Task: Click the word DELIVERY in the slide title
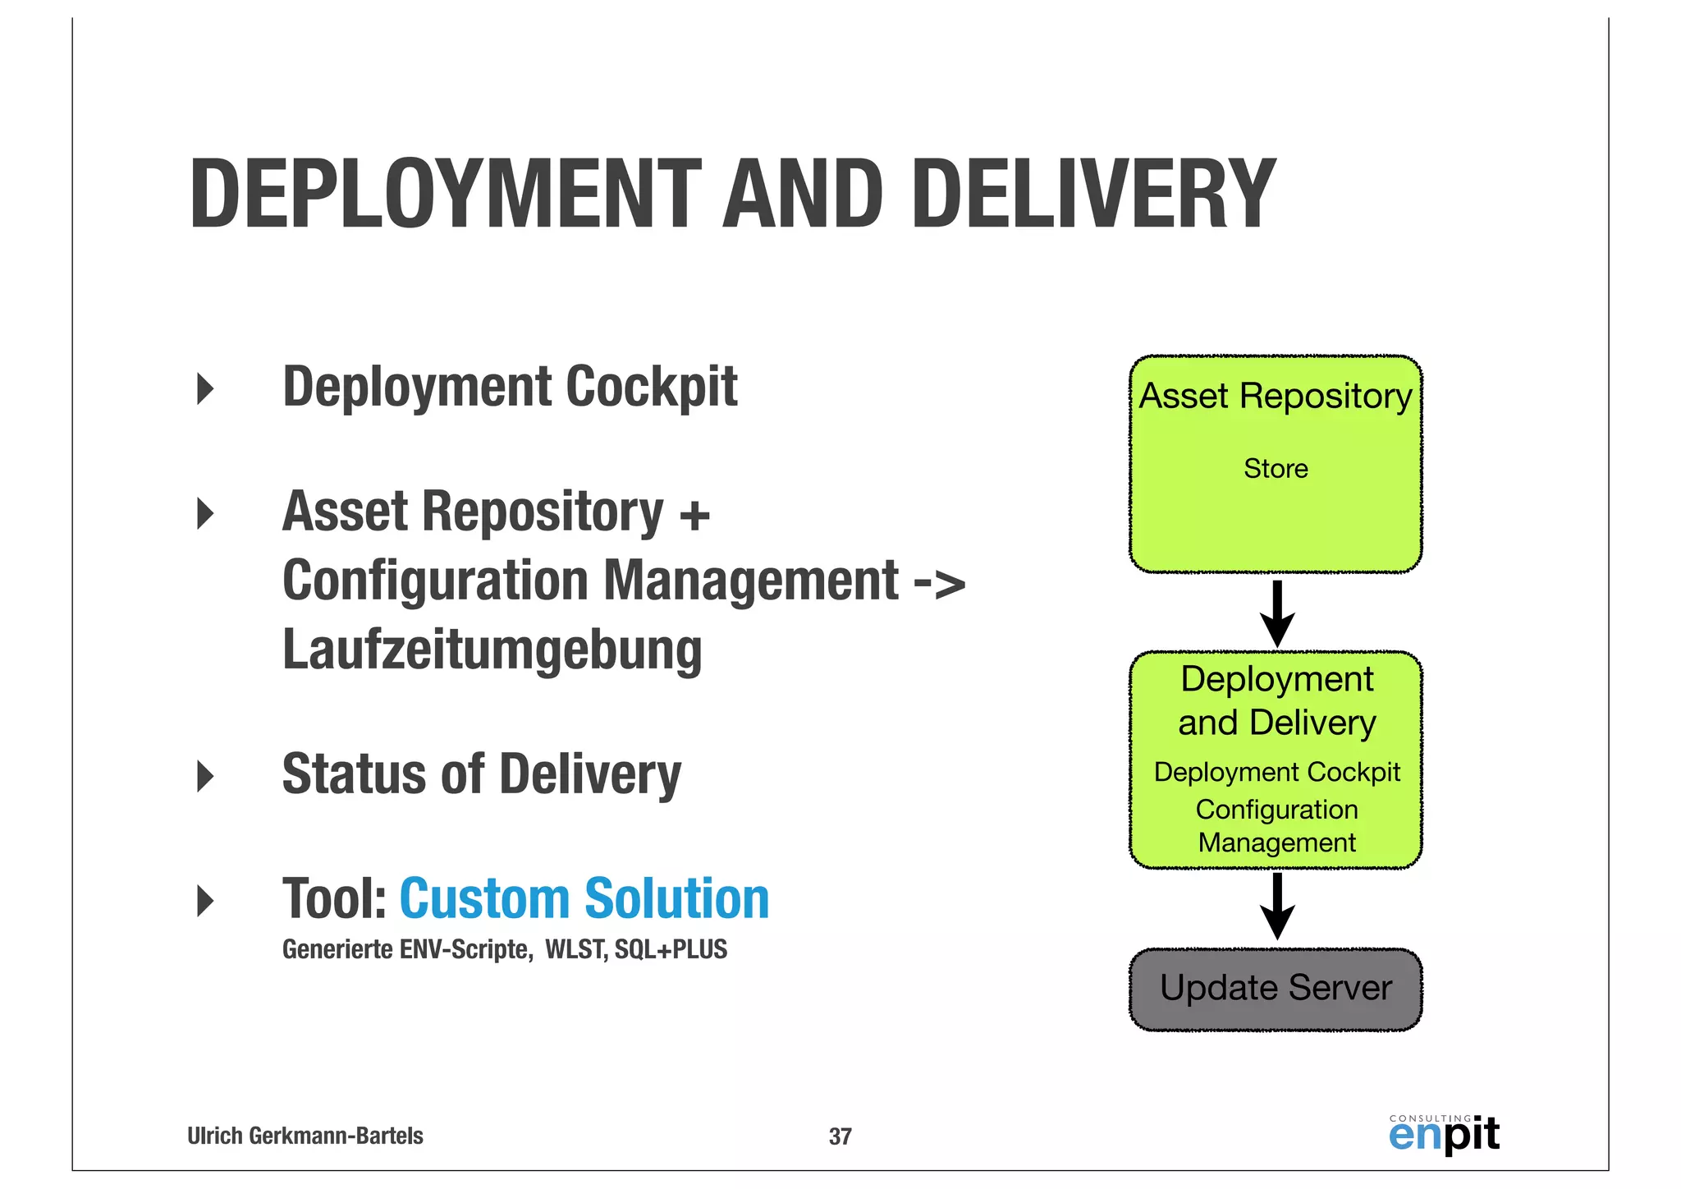click(1093, 195)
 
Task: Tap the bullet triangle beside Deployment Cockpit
click(205, 388)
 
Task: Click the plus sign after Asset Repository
click(694, 516)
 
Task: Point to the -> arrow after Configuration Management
click(939, 583)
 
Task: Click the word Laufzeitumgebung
click(492, 650)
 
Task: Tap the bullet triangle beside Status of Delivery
click(205, 776)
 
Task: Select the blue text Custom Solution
click(584, 898)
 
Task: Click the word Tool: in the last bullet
click(334, 898)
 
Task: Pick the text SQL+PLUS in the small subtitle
click(671, 950)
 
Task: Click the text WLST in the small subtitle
click(575, 950)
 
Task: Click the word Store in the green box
click(1276, 469)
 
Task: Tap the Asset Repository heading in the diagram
click(1276, 397)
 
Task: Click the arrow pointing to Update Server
click(1277, 906)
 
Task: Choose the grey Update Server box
click(1276, 989)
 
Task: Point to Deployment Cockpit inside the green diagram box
click(1276, 773)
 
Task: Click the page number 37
click(840, 1136)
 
